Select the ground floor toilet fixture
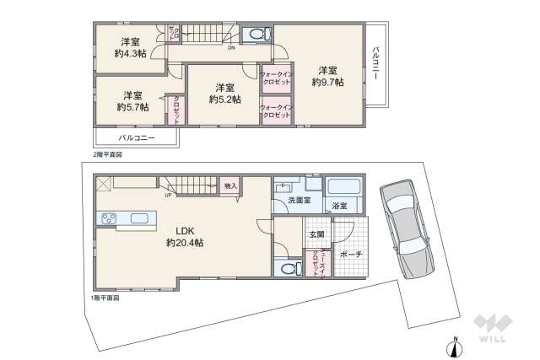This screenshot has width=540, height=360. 287,268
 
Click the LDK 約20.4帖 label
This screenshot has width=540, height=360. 186,237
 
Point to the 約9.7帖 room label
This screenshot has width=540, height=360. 327,76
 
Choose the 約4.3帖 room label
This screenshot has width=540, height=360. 130,47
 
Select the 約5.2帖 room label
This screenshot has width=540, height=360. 224,93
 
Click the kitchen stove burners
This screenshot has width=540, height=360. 111,219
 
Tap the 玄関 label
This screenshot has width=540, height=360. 316,234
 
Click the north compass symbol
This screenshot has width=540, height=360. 454,347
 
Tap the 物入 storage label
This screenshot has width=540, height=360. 229,185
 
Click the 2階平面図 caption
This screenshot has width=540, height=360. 108,155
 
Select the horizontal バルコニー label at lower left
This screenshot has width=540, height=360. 134,137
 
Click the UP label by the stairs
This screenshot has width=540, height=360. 169,197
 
